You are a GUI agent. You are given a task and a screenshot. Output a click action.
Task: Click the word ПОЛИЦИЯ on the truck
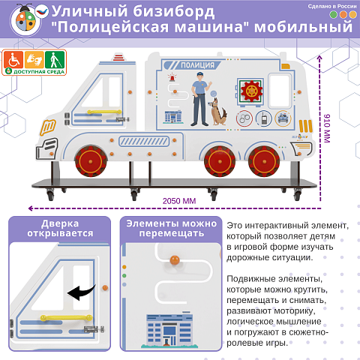tap(199, 65)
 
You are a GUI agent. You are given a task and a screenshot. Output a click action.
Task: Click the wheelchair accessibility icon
tap(13, 59)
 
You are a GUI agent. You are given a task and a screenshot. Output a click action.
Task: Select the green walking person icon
tap(51, 59)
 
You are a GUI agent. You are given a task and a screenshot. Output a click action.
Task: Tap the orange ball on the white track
tap(175, 260)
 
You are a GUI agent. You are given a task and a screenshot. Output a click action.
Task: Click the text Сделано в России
tap(331, 5)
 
